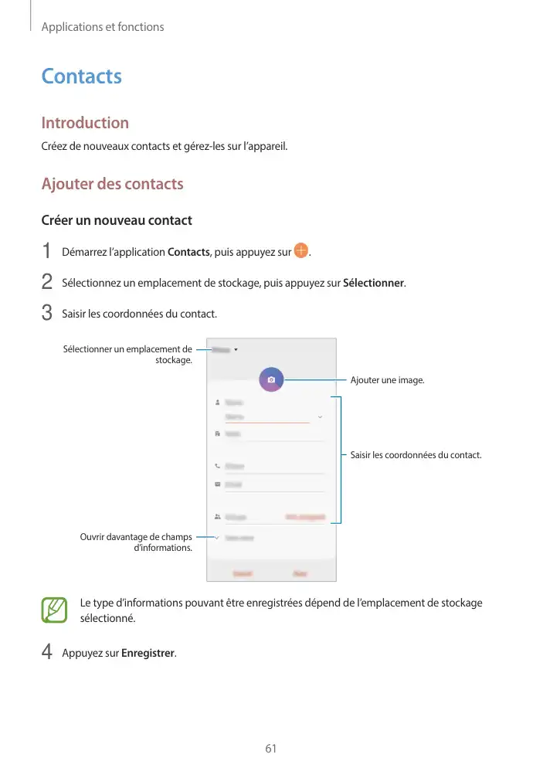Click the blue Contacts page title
click(x=81, y=76)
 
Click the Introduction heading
click(x=85, y=123)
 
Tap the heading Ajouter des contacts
click(x=112, y=184)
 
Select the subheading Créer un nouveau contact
click(x=116, y=220)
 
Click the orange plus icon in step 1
click(x=300, y=251)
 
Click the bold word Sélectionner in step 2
click(x=373, y=283)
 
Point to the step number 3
click(x=46, y=314)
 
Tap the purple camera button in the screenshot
click(x=271, y=380)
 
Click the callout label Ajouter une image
click(x=387, y=380)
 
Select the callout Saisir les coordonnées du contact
click(x=416, y=455)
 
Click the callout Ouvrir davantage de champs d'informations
click(x=136, y=542)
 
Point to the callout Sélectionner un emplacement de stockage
click(x=128, y=355)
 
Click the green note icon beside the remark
click(x=55, y=610)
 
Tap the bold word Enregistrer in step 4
click(x=148, y=654)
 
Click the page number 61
click(x=271, y=749)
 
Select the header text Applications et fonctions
click(x=103, y=27)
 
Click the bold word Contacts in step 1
click(x=188, y=252)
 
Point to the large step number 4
click(x=46, y=654)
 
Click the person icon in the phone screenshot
click(x=217, y=403)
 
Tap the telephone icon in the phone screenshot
click(x=217, y=466)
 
